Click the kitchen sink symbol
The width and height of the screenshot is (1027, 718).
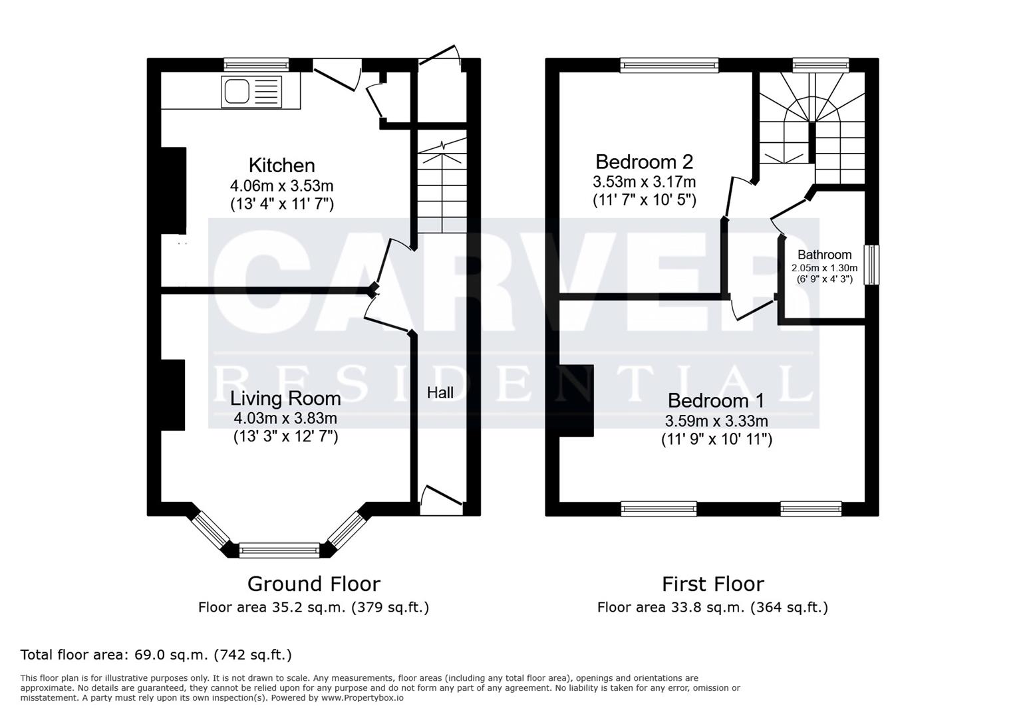coord(251,92)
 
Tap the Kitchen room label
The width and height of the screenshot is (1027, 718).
coord(281,165)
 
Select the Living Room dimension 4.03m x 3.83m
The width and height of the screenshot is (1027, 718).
coord(285,418)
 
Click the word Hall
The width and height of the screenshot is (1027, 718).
coord(440,392)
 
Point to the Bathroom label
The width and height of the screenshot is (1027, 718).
coord(824,255)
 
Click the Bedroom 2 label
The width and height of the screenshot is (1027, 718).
coord(644,162)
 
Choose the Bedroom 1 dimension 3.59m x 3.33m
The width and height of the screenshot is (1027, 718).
coord(716,421)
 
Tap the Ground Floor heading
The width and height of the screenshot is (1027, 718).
coord(313,584)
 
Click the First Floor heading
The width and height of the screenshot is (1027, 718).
coord(713,584)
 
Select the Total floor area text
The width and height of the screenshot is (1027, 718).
coord(156,654)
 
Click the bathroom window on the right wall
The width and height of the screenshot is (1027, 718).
coord(871,265)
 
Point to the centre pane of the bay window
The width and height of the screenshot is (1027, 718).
coord(279,550)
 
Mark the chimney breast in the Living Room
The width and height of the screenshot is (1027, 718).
coord(173,395)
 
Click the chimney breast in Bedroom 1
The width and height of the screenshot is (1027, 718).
coord(576,400)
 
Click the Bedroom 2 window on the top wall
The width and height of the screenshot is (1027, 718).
coord(669,65)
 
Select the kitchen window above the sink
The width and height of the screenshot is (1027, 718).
coord(256,64)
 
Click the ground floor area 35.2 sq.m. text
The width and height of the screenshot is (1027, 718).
coord(313,608)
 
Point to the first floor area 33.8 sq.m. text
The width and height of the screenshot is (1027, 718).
coord(712,608)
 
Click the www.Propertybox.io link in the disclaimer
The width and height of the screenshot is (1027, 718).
coord(363,698)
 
